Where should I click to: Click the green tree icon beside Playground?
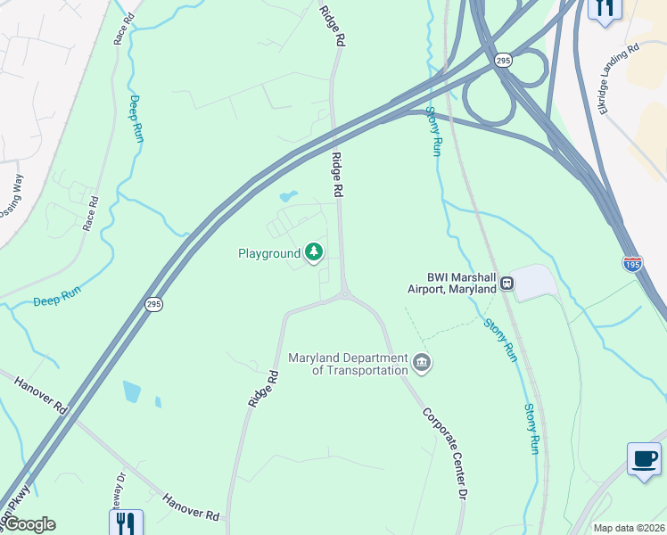point(313,253)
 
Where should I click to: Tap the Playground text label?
point(269,254)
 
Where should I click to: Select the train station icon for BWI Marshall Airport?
point(506,283)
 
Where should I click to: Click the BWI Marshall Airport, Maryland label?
point(451,283)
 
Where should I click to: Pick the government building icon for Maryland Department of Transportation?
point(422,363)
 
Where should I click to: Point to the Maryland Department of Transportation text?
point(348,364)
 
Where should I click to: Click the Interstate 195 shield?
point(632,263)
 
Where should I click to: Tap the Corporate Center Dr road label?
point(446,454)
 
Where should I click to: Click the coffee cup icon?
point(643,459)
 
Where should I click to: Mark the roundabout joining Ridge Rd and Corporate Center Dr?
point(344,293)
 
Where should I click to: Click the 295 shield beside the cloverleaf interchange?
point(503,60)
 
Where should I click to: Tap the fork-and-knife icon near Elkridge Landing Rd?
point(605,9)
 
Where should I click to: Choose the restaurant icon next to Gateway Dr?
point(125,523)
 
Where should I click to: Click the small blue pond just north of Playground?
point(287,195)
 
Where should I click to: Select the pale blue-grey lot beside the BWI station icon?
point(533,282)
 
